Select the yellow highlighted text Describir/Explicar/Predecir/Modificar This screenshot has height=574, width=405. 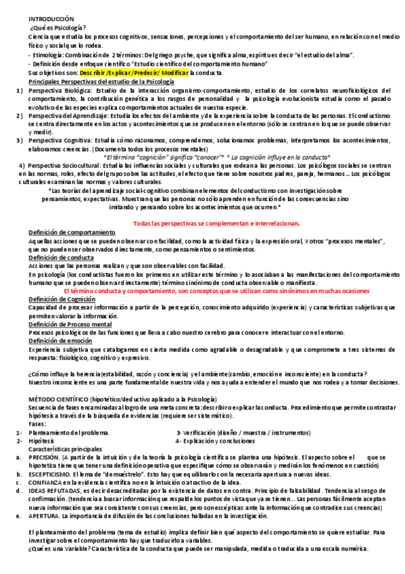click(x=133, y=72)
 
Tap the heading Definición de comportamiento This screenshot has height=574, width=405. click(x=72, y=232)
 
